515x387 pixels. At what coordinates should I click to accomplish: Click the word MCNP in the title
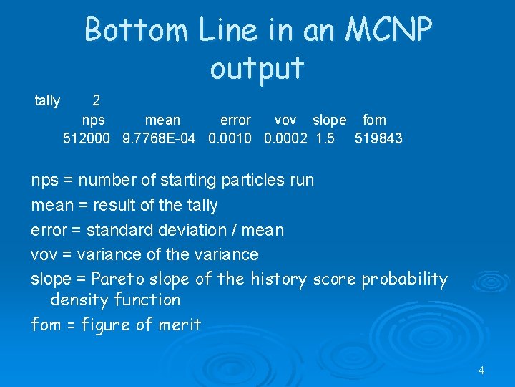point(389,30)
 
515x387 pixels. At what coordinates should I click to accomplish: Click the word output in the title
point(257,68)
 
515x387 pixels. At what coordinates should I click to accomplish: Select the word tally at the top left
point(47,101)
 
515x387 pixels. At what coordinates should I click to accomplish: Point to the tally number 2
point(97,101)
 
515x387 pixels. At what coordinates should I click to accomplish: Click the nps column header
point(94,120)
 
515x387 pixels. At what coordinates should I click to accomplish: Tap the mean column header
point(162,120)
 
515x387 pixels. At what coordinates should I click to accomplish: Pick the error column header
point(235,120)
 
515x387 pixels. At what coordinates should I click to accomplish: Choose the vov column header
point(285,120)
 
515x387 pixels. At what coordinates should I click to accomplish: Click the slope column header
point(329,120)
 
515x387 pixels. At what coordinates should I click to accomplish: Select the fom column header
point(374,120)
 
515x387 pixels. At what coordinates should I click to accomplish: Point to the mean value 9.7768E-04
point(159,138)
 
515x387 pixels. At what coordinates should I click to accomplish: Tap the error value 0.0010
point(230,138)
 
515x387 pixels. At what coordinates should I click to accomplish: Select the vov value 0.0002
point(286,138)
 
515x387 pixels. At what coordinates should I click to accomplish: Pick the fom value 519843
point(378,138)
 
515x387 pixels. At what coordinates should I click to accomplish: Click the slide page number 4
point(481,371)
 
